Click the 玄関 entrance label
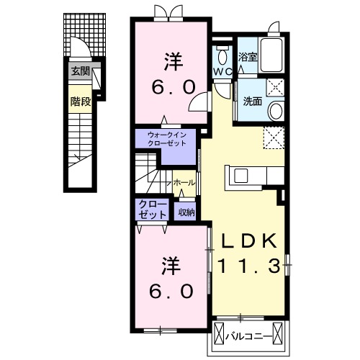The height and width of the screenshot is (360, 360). pos(81,71)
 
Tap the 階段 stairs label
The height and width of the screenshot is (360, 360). pos(81,102)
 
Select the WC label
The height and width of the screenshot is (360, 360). pos(222,71)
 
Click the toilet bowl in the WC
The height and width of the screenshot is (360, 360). pos(222,58)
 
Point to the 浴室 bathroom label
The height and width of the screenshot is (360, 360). pos(248,57)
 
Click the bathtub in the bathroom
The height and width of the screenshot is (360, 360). pos(271,55)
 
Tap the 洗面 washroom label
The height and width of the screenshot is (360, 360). pos(253,102)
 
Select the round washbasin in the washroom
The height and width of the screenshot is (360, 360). pos(276,111)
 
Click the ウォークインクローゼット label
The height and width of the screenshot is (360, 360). pos(167,139)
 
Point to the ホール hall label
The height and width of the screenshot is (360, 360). pos(184,183)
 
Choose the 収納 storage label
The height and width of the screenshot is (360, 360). pos(186,212)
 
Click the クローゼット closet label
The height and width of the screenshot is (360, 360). pos(153,210)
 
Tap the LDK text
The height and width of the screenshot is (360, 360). pos(248,240)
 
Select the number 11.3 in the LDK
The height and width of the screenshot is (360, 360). pos(248,266)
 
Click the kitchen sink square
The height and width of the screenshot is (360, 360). pos(241,176)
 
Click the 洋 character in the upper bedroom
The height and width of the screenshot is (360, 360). pos(174,62)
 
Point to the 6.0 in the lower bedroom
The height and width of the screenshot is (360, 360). pos(171,291)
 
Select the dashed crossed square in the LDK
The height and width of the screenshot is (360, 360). pos(274,138)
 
